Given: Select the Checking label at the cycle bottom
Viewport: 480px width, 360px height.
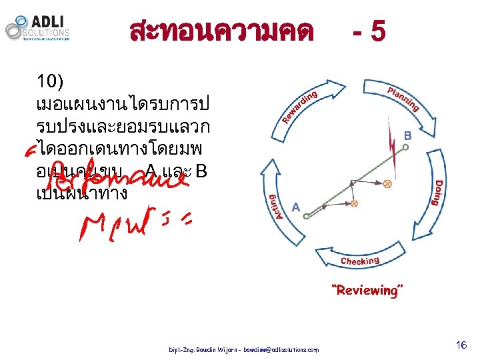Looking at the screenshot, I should click(x=360, y=261).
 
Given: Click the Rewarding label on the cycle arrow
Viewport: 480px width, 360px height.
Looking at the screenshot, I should click(x=298, y=109).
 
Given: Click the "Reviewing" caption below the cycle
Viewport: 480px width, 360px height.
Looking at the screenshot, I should click(x=368, y=290).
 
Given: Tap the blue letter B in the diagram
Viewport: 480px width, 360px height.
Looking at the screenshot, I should click(x=407, y=135).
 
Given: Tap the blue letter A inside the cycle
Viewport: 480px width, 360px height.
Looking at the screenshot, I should click(x=297, y=207).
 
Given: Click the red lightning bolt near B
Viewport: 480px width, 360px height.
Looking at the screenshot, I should click(x=393, y=144).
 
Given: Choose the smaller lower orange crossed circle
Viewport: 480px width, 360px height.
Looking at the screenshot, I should click(x=355, y=203).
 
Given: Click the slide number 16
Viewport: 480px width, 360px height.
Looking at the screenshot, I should click(x=460, y=345).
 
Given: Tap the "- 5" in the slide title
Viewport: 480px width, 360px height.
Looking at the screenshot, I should click(x=368, y=31).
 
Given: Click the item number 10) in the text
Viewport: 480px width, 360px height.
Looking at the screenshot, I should click(x=50, y=83).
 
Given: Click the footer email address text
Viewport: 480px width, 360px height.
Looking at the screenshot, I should click(x=281, y=350).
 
